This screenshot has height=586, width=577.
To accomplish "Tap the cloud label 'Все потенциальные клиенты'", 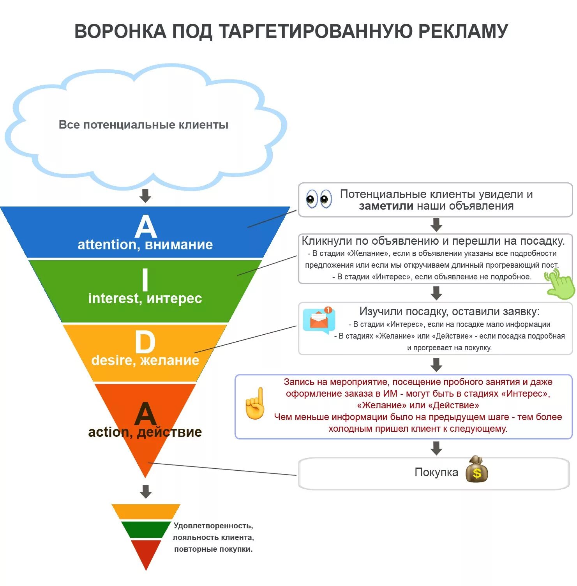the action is point(143,125).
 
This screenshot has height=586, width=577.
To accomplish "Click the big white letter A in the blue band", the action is point(145,226).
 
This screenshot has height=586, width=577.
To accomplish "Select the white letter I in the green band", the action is point(145,280).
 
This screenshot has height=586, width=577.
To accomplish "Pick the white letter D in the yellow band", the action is point(145,342).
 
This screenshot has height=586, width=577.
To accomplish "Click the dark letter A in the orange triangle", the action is point(145,414).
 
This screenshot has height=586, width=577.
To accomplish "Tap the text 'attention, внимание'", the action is point(145,245).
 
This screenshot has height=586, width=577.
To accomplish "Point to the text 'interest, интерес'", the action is point(145,298).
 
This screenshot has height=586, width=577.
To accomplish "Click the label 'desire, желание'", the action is point(145,360).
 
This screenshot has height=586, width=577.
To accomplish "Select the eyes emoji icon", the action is point(319,199).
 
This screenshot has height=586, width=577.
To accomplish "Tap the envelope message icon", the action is point(319,321).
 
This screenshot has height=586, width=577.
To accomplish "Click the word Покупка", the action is point(436,473).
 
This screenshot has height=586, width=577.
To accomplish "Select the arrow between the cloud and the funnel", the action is point(145,196).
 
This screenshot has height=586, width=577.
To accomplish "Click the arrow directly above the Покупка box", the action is point(436,448).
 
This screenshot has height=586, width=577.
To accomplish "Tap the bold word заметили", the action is point(386,206).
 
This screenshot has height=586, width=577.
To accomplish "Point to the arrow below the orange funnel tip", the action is point(146,491).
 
